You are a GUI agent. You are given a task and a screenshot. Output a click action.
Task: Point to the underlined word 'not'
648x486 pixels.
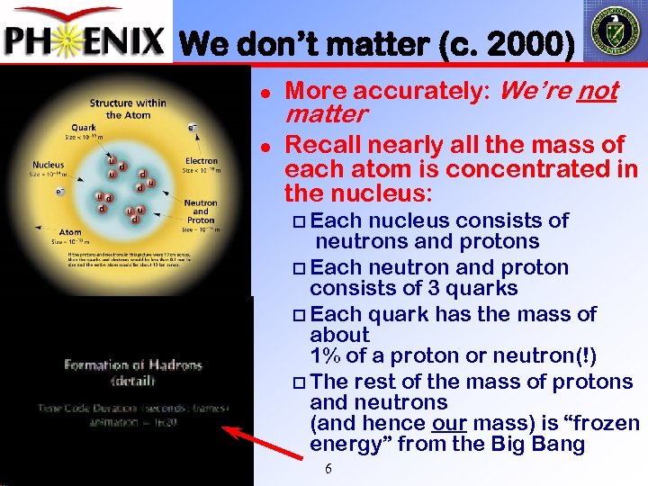598,91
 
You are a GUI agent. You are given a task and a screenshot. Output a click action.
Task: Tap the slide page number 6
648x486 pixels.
328,469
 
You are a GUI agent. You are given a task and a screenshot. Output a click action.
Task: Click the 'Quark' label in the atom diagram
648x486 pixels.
84,127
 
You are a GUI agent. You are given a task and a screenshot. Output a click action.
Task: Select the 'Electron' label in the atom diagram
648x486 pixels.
202,161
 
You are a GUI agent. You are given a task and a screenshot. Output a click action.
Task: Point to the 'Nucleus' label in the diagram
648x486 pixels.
48,165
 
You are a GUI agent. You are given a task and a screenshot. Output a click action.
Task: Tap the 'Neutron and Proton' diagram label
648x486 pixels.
201,211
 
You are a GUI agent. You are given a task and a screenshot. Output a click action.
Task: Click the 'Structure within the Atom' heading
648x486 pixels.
126,108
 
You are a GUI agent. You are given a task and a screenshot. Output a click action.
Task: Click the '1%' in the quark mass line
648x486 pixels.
323,355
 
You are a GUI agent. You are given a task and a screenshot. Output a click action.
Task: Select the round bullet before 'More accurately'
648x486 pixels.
266,92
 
